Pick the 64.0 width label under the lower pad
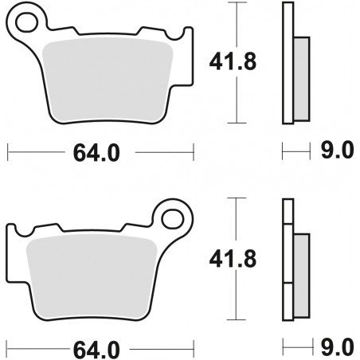click(100, 348)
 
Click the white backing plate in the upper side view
click(288, 64)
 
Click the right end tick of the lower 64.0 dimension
click(194, 347)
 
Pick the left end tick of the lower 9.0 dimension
click(284, 347)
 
